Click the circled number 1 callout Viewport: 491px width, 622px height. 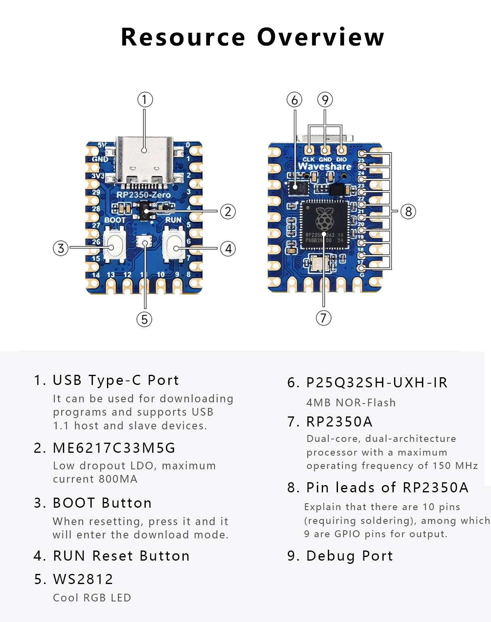[145, 100]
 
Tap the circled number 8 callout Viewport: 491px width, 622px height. [408, 211]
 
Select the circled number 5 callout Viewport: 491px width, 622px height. [144, 319]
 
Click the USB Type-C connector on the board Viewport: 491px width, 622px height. [144, 160]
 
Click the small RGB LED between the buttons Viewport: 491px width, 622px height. [145, 242]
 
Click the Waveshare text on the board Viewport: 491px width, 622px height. [324, 166]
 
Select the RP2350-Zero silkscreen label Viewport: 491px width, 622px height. [143, 195]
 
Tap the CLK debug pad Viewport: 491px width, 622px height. [309, 150]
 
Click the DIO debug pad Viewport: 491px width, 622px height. [342, 150]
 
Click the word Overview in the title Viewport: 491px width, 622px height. [321, 37]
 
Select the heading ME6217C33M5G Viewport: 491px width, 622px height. [114, 448]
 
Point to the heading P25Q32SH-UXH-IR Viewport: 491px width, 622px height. [377, 382]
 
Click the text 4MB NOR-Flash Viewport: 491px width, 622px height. [351, 403]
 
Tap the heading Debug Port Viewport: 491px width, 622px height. [349, 556]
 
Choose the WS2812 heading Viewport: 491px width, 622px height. [83, 579]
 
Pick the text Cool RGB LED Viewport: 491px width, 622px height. [92, 598]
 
